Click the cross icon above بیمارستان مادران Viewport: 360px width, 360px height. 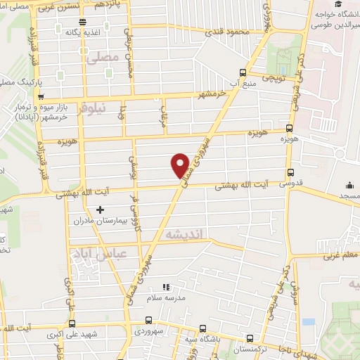click(x=101, y=209)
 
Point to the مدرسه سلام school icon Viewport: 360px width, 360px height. click(x=167, y=287)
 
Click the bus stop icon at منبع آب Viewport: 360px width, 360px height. click(x=243, y=72)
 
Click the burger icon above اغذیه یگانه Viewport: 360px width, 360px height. click(x=83, y=22)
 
